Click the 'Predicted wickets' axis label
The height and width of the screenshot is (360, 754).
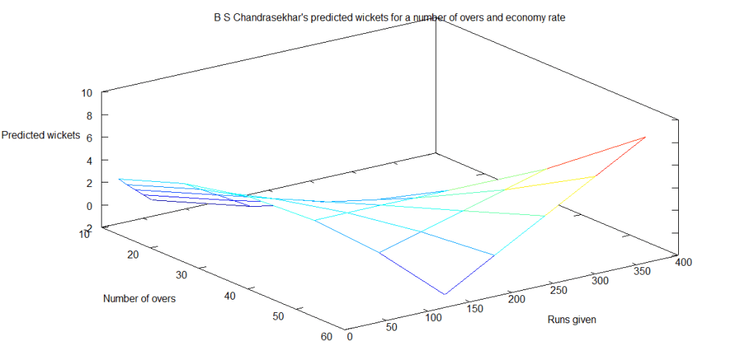coord(40,135)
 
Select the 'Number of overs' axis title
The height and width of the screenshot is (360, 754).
coord(139,298)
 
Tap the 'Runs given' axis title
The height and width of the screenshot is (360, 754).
coord(571,320)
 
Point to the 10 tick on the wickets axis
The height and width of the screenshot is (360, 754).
coord(87,93)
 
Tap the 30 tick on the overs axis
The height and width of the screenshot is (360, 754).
coord(183,275)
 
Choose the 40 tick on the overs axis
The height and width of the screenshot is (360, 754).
coord(229,296)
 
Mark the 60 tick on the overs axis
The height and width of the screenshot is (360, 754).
coord(327,337)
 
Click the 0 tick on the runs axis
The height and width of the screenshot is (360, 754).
coord(349,337)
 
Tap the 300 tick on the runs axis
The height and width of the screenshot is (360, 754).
coord(602,280)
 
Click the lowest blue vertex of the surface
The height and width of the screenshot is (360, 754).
coord(445,294)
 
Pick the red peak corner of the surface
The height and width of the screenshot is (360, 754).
coord(646,137)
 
